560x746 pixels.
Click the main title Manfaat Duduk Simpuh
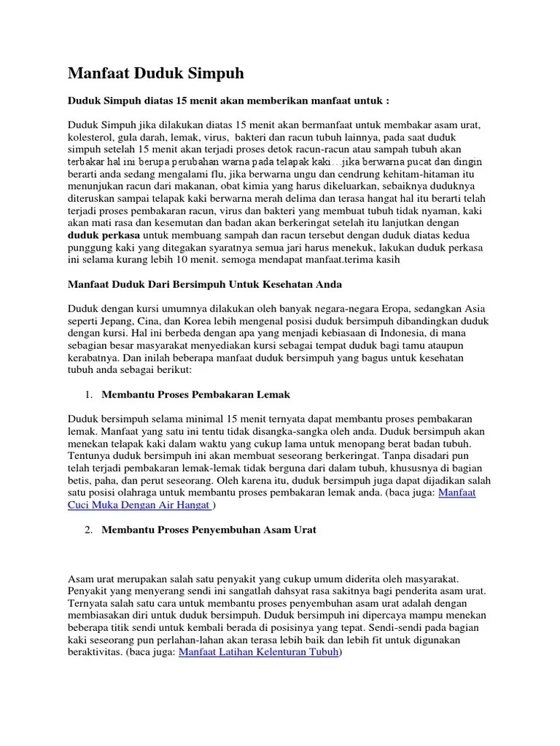coord(156,74)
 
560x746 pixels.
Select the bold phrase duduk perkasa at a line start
coord(104,236)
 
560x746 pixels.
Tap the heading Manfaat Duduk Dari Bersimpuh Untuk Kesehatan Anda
coord(205,283)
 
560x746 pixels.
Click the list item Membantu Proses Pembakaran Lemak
coord(196,394)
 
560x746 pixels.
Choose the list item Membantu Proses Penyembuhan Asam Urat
coord(209,530)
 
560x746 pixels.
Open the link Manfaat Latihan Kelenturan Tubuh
coord(259,652)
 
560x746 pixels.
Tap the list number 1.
coord(87,394)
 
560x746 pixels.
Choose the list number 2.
coord(87,530)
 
